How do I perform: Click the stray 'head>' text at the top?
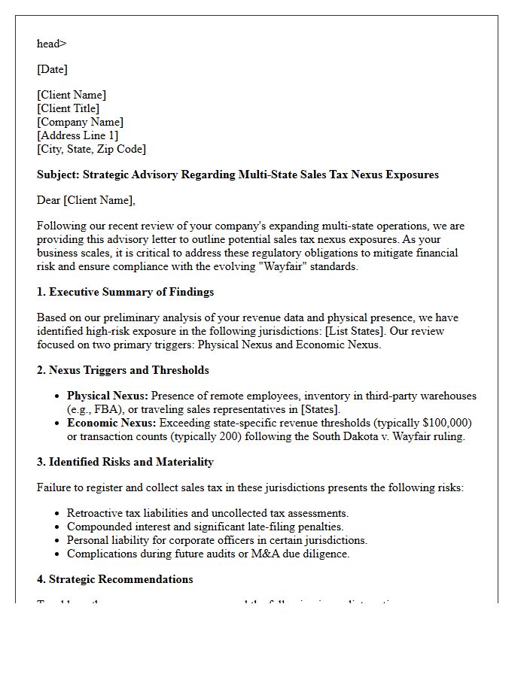(x=52, y=44)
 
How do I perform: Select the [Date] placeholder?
(x=52, y=69)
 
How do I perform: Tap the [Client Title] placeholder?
(x=68, y=108)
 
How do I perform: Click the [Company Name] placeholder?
(x=80, y=122)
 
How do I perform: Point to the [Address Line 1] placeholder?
(x=78, y=135)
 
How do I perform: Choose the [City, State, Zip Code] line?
(x=91, y=149)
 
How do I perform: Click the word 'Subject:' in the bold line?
(x=58, y=175)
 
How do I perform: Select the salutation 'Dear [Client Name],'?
(x=86, y=200)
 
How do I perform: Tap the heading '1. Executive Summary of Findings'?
(x=125, y=292)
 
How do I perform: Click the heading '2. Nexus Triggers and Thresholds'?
(x=123, y=370)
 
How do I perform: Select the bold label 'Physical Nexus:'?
(x=108, y=396)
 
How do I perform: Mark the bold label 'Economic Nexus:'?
(x=110, y=423)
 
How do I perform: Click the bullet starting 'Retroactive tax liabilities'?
(x=207, y=513)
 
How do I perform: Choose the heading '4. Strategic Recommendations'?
(x=114, y=579)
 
